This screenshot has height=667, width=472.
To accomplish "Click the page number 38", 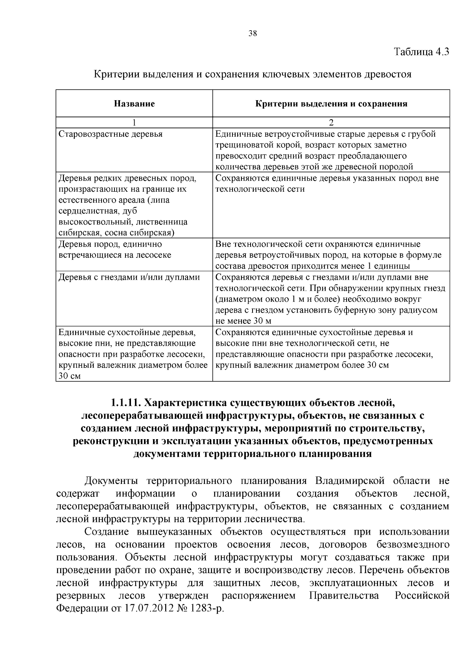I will point(253,33).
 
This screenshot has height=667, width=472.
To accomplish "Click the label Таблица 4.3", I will point(421,52).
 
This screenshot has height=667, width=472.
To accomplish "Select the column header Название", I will point(134,104).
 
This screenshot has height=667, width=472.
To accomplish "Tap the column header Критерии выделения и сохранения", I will point(331,104).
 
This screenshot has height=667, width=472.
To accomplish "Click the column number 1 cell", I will point(134,122).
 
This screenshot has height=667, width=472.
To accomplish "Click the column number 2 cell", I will point(331,122).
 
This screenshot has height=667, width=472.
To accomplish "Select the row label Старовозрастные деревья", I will point(111,134).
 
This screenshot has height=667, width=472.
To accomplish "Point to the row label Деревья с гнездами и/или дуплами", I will point(129,277).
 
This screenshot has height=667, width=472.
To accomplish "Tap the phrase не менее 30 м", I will point(243,321).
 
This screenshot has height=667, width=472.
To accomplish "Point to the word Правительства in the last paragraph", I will point(344,596).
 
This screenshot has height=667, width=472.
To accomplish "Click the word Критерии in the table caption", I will point(112,74).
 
